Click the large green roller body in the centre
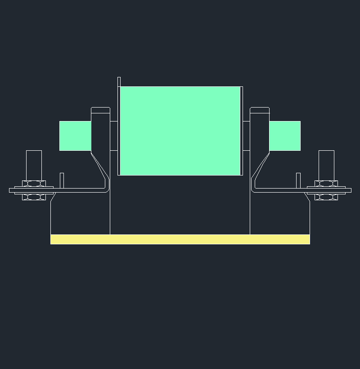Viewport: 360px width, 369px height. [x=180, y=130]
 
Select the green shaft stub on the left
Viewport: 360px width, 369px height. [x=75, y=135]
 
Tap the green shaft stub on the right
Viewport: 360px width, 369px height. [x=285, y=135]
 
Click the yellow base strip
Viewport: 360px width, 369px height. [x=180, y=239]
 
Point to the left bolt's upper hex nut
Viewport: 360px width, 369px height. [x=34, y=183]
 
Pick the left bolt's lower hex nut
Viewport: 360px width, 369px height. [x=34, y=197]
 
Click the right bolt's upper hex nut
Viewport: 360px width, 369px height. [x=326, y=183]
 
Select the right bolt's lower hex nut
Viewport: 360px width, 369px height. [x=326, y=197]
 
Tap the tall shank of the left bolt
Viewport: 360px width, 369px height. [x=34, y=165]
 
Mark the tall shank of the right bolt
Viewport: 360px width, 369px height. [x=326, y=165]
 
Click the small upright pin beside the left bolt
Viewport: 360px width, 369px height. [x=62, y=180]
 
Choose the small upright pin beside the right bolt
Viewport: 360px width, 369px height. [x=298, y=180]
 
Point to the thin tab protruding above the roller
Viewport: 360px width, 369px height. [x=119, y=81]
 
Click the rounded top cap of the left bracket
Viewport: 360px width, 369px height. [x=100, y=109]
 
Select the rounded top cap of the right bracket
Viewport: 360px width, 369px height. [x=260, y=109]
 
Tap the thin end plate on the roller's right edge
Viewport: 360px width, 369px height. [x=242, y=130]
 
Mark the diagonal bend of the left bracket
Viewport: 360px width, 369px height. [x=100, y=166]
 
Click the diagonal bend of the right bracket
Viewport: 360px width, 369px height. [x=260, y=166]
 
